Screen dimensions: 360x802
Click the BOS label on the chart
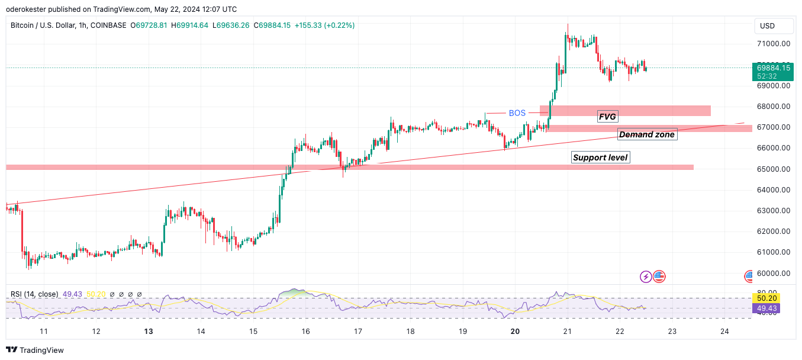tap(517, 113)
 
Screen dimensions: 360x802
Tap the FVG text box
tap(607, 117)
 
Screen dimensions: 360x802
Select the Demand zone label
tap(647, 134)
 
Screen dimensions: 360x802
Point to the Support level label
tap(600, 157)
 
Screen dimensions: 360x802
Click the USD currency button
tap(767, 26)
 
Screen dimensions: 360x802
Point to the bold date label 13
tap(149, 332)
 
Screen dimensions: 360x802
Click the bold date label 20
tap(515, 332)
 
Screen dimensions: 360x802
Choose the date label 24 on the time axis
tap(724, 332)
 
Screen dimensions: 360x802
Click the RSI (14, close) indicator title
tap(34, 294)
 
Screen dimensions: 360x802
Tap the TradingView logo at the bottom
tap(35, 350)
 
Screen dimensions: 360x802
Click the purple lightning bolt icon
tap(646, 276)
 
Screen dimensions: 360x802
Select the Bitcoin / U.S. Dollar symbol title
tap(43, 25)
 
